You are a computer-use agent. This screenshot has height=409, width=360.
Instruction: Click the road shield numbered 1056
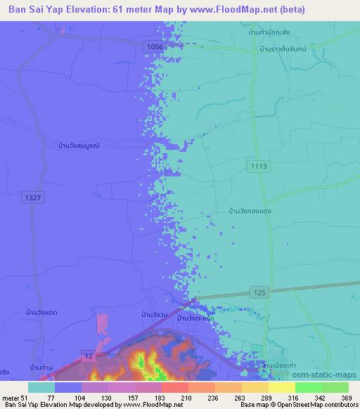pos(155,46)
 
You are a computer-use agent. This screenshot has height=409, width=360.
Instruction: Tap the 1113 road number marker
pos(258,165)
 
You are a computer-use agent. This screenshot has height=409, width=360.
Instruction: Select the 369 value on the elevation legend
pos(346,398)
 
